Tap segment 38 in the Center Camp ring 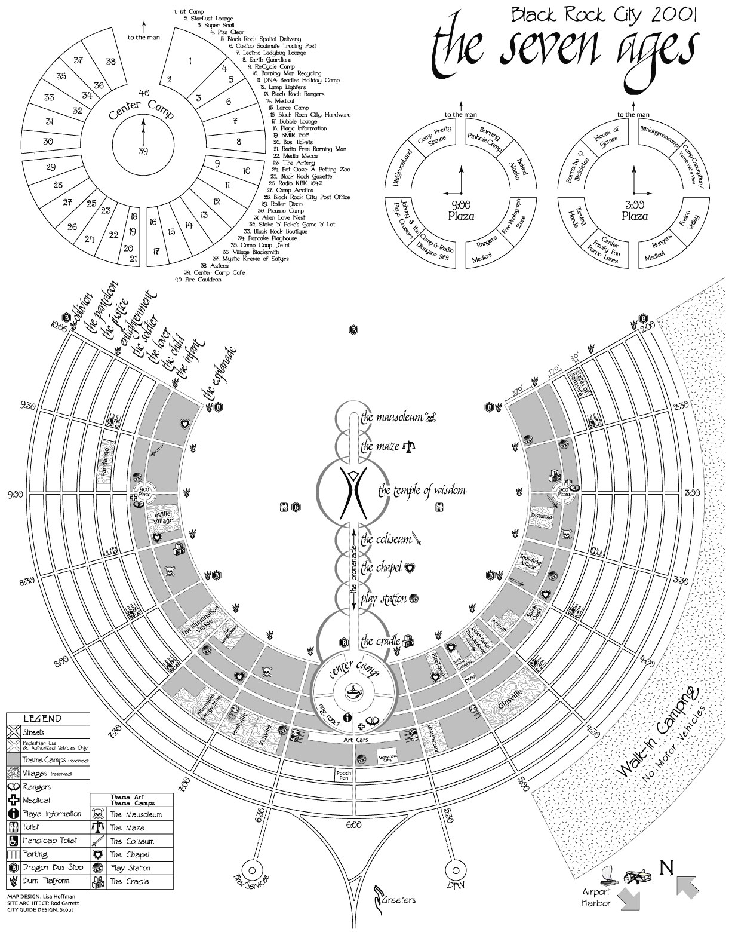pyautogui.click(x=111, y=62)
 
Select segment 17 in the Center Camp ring pyautogui.click(x=156, y=252)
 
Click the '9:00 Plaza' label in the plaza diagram pyautogui.click(x=460, y=211)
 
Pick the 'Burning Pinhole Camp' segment pyautogui.click(x=484, y=139)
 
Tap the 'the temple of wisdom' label pyautogui.click(x=422, y=491)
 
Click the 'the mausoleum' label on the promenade pyautogui.click(x=392, y=417)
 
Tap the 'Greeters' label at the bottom pyautogui.click(x=398, y=900)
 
